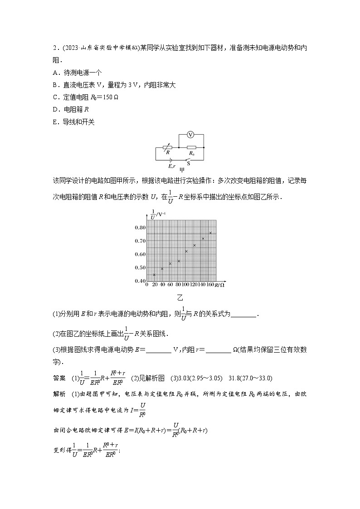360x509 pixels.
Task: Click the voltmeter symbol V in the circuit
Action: pos(191,135)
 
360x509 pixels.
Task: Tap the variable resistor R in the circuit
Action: pos(167,147)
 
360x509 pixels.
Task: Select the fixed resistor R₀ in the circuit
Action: pos(191,147)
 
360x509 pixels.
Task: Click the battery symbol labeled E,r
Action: pos(170,160)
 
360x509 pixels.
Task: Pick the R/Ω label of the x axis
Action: pos(220,285)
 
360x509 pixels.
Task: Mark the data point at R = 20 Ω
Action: pos(154,275)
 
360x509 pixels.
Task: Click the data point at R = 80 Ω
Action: pos(179,261)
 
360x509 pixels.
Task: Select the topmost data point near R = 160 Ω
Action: pos(210,233)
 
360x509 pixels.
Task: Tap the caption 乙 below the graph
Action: pos(180,298)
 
